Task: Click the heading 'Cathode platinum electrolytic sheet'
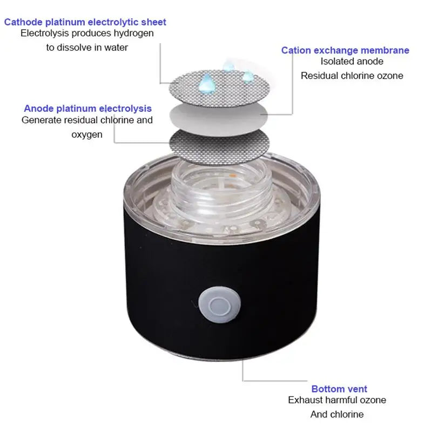click(x=85, y=22)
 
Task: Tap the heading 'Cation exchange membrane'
click(x=345, y=50)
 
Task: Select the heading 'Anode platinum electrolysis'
click(x=87, y=109)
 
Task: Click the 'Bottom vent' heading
click(x=339, y=389)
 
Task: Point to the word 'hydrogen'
click(x=133, y=33)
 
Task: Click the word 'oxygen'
click(x=87, y=134)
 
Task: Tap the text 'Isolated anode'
click(x=352, y=62)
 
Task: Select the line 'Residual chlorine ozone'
click(x=352, y=76)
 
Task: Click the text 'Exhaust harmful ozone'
click(x=337, y=400)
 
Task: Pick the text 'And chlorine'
click(x=337, y=414)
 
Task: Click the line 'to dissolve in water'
click(x=87, y=48)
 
